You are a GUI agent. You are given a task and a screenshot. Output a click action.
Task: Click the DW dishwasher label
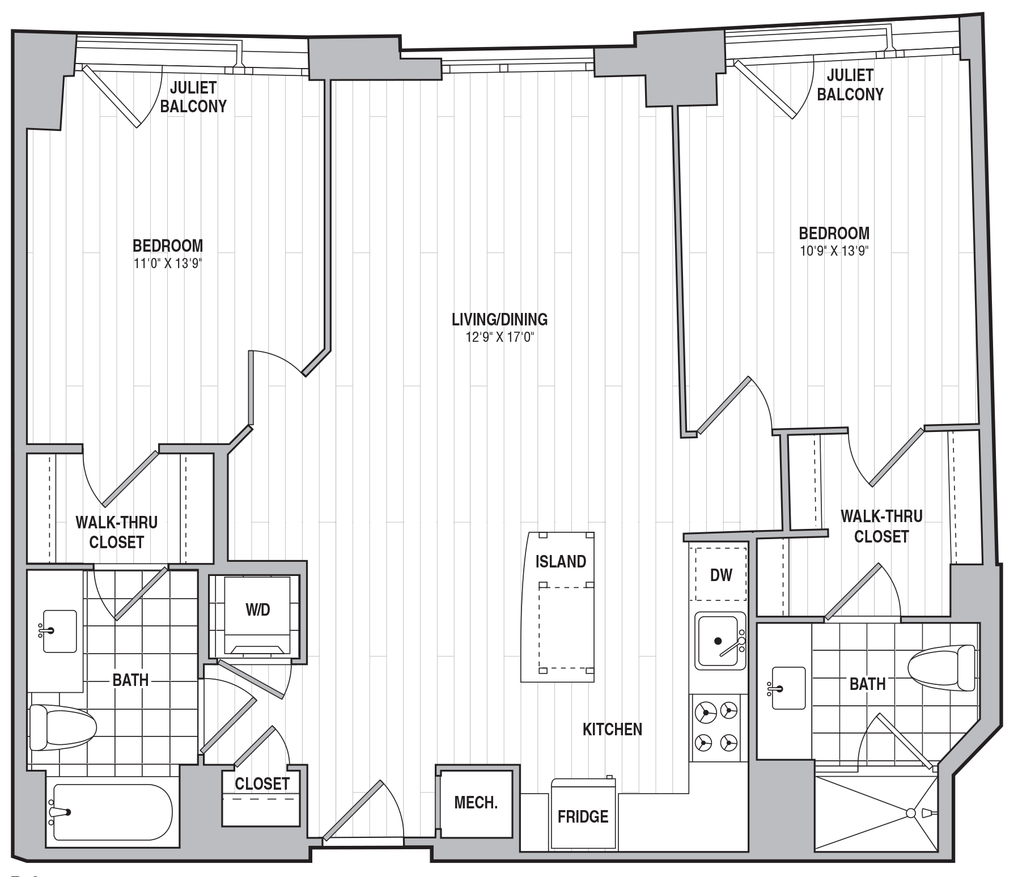721,575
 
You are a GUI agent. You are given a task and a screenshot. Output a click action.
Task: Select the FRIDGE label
583,816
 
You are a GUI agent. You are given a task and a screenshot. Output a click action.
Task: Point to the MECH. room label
476,803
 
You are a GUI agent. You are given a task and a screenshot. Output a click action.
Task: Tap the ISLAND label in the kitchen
561,561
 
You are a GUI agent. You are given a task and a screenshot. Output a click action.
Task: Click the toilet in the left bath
62,727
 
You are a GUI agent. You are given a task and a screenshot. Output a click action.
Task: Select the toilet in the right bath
941,668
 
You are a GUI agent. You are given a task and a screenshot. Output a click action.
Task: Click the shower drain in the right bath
910,813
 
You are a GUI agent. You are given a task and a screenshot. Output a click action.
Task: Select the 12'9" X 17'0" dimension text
500,338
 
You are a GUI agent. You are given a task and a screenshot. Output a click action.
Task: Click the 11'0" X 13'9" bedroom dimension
168,264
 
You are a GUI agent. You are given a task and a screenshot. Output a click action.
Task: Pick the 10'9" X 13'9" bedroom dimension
834,251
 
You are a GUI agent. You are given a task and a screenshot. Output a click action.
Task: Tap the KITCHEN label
612,729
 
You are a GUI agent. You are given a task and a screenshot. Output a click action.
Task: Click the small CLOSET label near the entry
262,783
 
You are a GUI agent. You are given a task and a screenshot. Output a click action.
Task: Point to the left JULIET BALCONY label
193,96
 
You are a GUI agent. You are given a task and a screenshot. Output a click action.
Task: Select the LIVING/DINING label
499,319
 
